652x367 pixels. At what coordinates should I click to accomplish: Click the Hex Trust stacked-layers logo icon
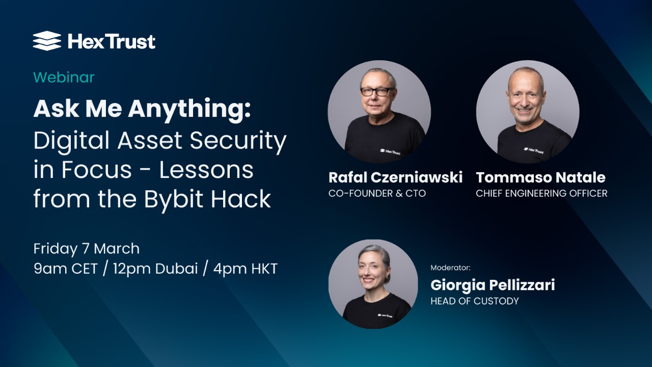click(x=47, y=41)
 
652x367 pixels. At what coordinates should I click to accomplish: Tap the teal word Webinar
click(x=64, y=77)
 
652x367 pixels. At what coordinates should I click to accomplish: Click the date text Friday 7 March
click(x=87, y=249)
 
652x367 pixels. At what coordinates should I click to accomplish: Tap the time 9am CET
click(x=65, y=269)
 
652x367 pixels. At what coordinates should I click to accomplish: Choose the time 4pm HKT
click(x=246, y=269)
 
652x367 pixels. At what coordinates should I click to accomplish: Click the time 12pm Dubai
click(x=155, y=269)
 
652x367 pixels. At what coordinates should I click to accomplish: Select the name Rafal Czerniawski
click(x=395, y=177)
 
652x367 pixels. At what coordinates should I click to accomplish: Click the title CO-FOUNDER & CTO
click(x=377, y=193)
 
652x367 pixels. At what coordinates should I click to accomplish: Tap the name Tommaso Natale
click(x=540, y=177)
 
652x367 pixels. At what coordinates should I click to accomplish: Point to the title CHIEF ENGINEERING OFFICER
click(x=541, y=193)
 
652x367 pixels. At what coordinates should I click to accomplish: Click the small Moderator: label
click(x=450, y=267)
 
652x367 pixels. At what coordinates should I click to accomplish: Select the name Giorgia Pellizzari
click(x=493, y=284)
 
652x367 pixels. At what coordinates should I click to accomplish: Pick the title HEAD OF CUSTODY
click(x=474, y=301)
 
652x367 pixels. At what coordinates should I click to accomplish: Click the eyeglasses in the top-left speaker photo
click(x=377, y=92)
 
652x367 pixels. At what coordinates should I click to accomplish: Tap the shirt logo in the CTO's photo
click(x=390, y=150)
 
